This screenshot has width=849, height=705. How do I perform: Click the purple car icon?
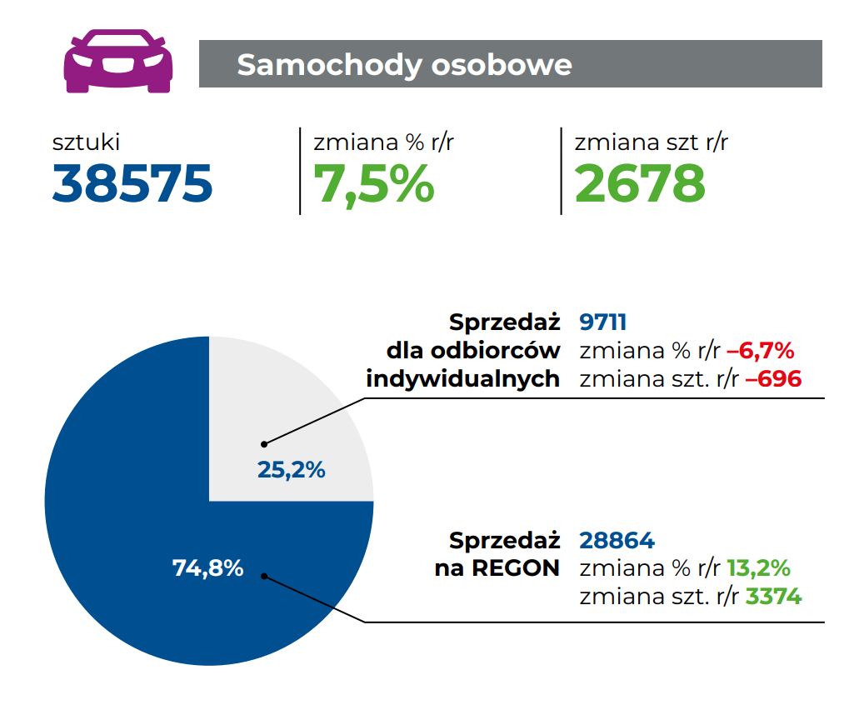(118, 61)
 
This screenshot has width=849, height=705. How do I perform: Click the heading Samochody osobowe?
(404, 64)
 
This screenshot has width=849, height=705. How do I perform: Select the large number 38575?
(132, 183)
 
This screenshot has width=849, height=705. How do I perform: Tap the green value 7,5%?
(373, 183)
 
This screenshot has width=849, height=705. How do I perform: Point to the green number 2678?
(640, 183)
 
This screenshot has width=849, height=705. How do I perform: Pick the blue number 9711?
(602, 322)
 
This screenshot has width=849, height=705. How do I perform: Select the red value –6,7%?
(760, 351)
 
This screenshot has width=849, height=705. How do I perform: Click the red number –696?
(772, 379)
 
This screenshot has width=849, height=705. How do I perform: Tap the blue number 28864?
(617, 540)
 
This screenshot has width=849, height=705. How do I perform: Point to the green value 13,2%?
(758, 568)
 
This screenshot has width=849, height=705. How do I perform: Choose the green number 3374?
(773, 597)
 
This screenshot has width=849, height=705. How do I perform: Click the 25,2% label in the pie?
(291, 470)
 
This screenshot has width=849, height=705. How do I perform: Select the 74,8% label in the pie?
(207, 568)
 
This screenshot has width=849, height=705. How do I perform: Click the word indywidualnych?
(462, 379)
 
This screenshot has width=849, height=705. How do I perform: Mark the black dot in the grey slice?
(264, 443)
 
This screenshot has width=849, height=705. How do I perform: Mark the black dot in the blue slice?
(264, 576)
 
